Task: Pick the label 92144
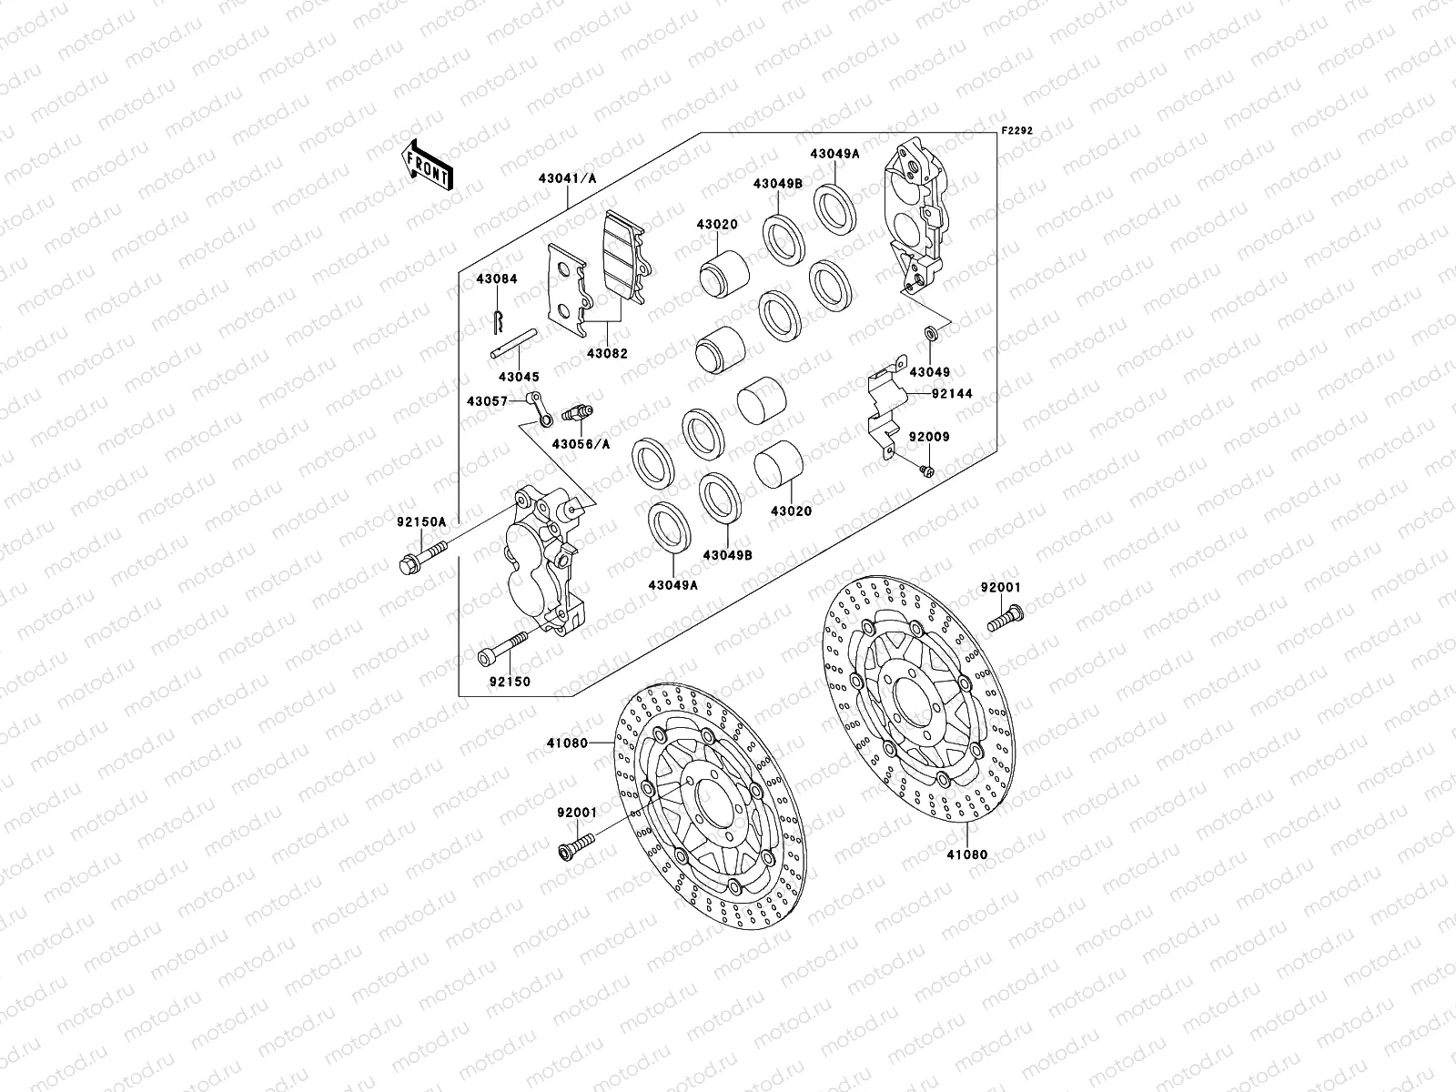pyautogui.click(x=952, y=394)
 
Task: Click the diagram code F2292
pyautogui.click(x=1018, y=131)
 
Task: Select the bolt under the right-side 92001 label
pyautogui.click(x=1005, y=623)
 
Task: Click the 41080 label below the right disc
pyautogui.click(x=966, y=854)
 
